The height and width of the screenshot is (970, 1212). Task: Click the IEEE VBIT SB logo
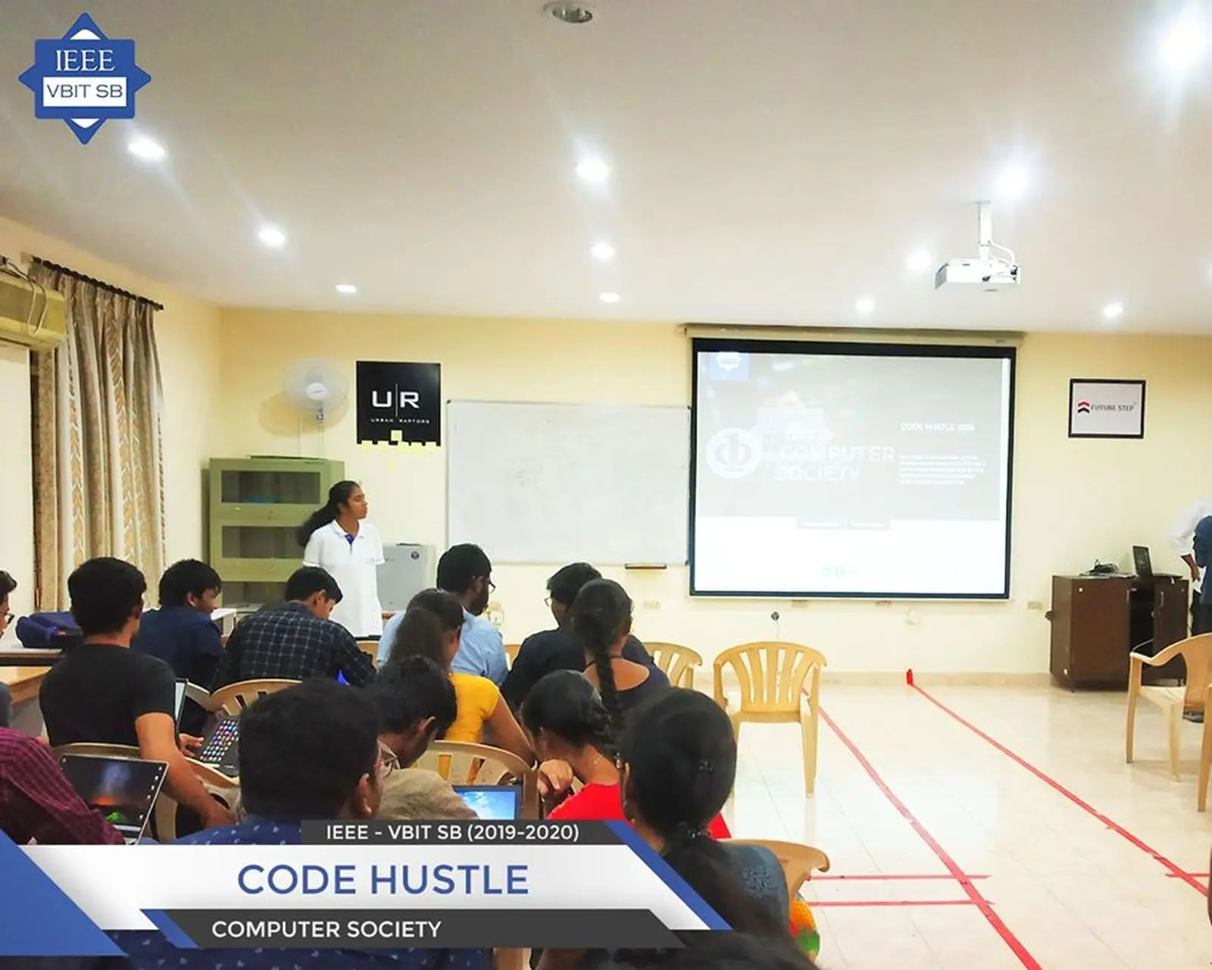84,79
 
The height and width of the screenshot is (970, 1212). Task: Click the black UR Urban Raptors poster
398,402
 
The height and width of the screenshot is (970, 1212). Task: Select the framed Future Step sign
1106,408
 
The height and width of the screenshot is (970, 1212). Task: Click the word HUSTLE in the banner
449,880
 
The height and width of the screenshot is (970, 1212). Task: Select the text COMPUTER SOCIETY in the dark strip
326,929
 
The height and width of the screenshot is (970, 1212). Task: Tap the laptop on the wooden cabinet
1143,562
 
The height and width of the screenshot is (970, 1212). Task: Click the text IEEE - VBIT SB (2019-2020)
452,832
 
